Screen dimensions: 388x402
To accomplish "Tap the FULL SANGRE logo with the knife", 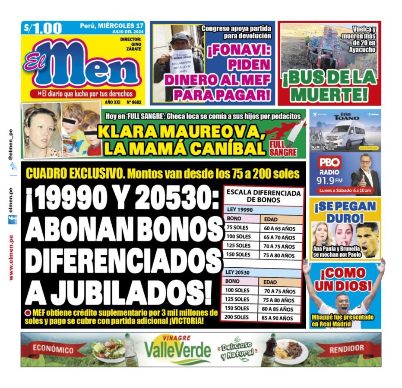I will click(283, 144).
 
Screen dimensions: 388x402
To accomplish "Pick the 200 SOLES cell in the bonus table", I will click(237, 317).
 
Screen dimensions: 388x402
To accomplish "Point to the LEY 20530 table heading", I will click(238, 272).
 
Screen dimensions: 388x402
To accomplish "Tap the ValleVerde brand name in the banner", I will click(177, 350).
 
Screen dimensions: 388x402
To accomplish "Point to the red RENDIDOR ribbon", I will click(347, 349).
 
